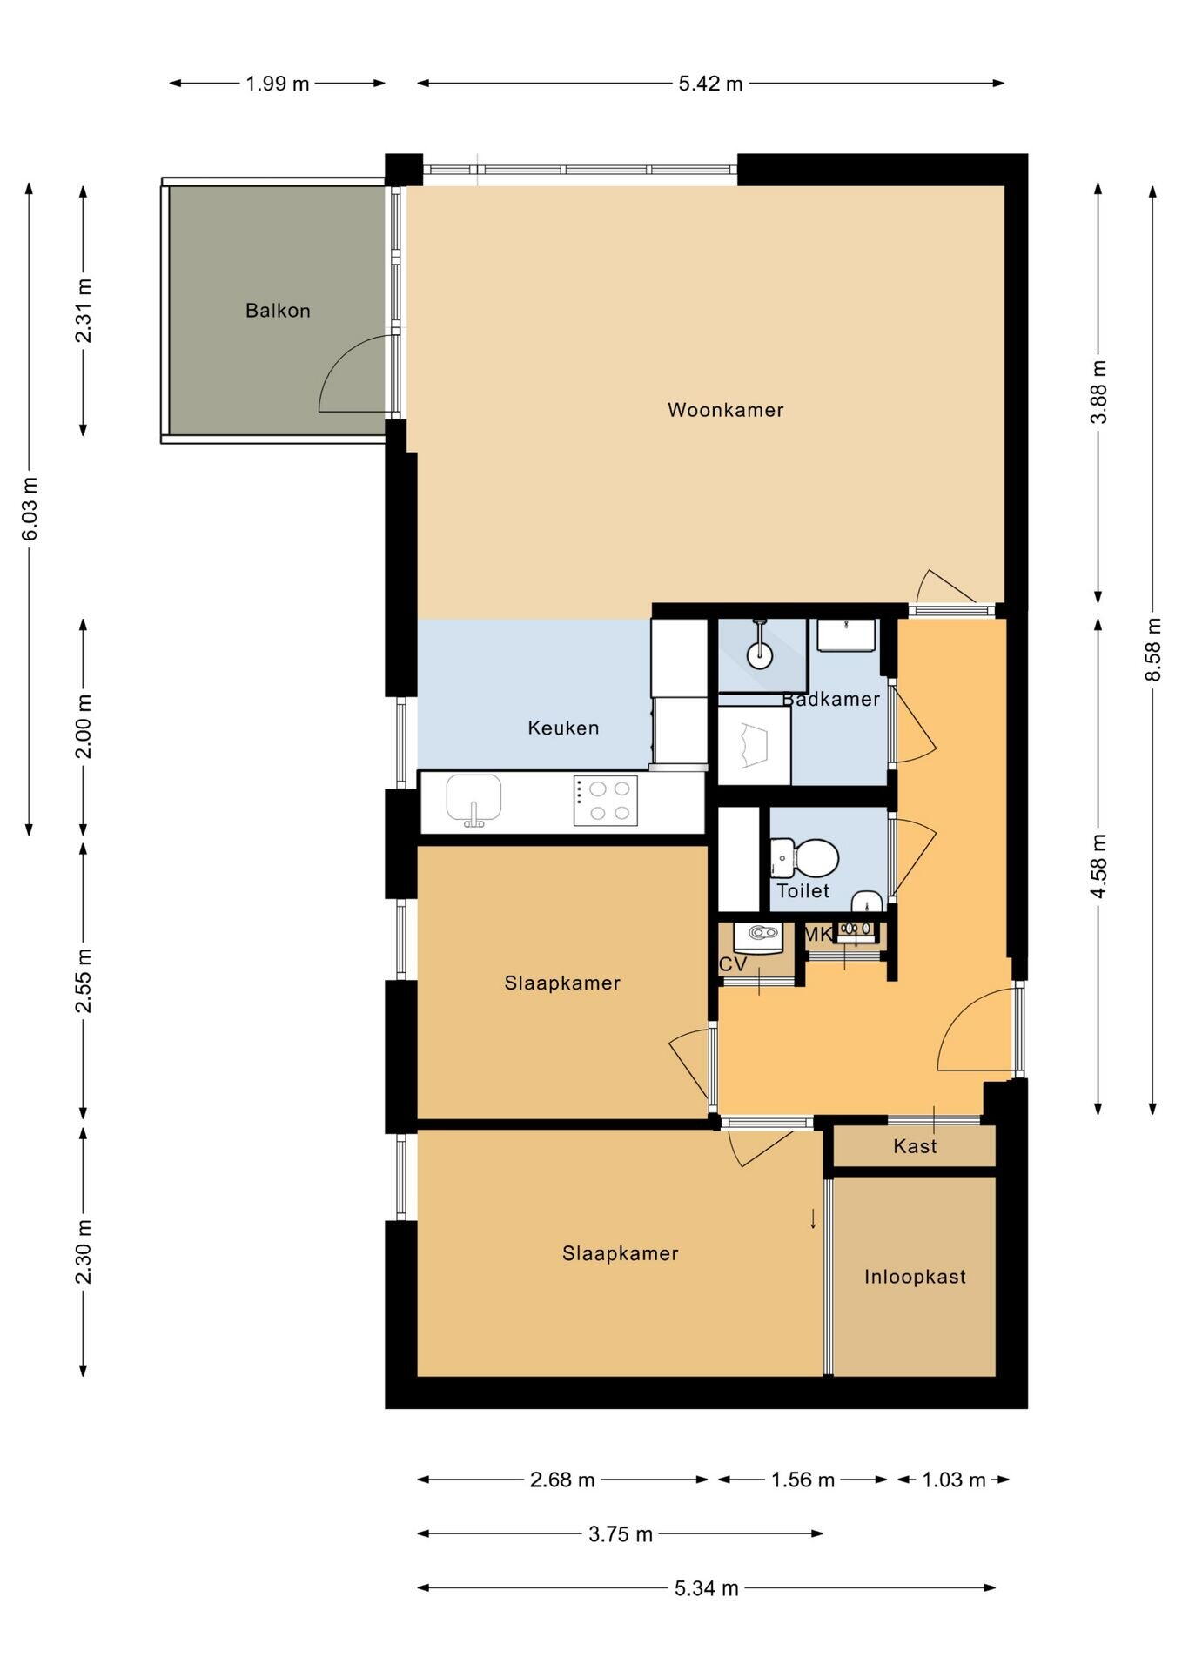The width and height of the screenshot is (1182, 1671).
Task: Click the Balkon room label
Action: coord(278,311)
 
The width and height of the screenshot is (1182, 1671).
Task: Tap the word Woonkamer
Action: coord(725,409)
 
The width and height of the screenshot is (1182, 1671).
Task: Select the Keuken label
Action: coord(563,728)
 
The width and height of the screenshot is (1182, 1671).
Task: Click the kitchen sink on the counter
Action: coord(473,800)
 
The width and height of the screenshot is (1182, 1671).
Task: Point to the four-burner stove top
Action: coord(605,801)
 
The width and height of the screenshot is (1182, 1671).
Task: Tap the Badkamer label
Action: coord(830,699)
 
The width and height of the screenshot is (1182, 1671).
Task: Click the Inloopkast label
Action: coord(915,1277)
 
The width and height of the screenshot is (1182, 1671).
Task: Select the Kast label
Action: coord(915,1146)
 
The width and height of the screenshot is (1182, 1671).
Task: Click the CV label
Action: coord(733,964)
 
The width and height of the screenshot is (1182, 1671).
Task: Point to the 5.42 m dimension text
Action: coord(710,84)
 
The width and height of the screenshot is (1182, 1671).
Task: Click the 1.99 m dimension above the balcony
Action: coord(277,84)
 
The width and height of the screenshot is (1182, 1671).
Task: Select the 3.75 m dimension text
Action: coord(620,1534)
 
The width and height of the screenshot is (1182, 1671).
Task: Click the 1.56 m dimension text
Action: coord(803,1480)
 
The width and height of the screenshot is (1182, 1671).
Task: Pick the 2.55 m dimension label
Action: coord(84,980)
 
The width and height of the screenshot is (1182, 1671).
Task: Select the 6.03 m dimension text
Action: coord(30,508)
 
